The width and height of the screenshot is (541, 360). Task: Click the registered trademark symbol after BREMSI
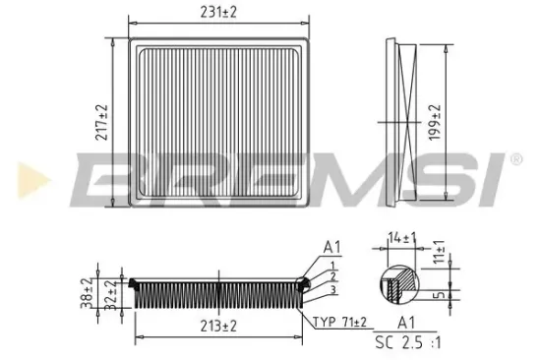pyautogui.click(x=514, y=159)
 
